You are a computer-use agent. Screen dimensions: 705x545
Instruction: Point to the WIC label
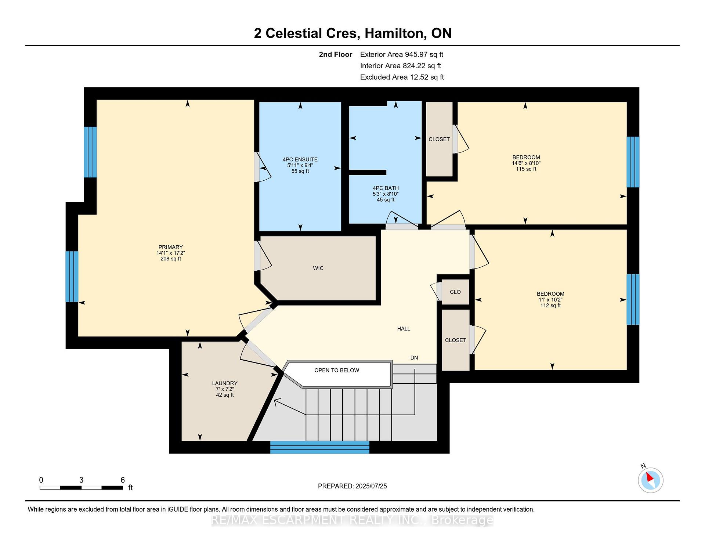point(318,268)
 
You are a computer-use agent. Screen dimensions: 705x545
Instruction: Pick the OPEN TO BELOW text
point(337,370)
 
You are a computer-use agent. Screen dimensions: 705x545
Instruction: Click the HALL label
point(404,329)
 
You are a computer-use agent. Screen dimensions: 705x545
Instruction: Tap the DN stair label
point(414,358)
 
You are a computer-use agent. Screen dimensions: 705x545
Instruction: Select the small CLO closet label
point(455,292)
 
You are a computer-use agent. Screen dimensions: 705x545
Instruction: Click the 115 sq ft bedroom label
point(526,163)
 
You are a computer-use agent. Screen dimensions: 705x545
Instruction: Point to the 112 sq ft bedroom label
point(550,299)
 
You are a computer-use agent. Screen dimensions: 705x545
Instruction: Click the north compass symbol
point(650,479)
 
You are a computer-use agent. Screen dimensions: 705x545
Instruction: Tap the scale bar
point(81,488)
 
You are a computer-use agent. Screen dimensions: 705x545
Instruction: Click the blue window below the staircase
point(320,447)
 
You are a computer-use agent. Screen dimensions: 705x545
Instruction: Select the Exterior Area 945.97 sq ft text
point(402,54)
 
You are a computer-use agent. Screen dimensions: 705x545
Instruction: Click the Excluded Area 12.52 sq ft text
point(402,77)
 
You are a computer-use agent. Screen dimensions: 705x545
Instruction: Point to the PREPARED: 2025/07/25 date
point(352,486)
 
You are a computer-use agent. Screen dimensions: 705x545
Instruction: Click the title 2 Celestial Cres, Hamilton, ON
point(352,33)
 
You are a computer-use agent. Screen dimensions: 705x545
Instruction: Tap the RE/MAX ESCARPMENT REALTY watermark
point(352,520)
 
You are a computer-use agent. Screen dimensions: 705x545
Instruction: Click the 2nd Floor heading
point(335,54)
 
